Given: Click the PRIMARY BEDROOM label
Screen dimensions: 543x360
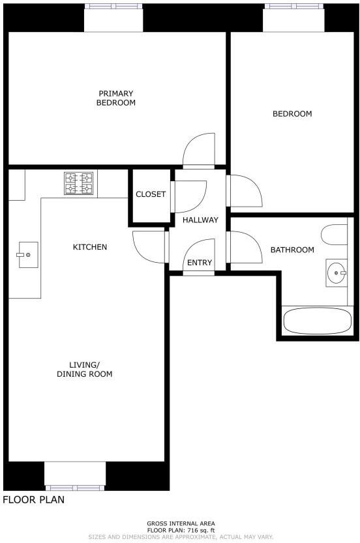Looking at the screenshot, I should [116, 98].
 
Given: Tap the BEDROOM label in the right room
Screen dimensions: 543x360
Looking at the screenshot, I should [292, 113].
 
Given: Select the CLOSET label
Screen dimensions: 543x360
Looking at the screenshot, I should [151, 194].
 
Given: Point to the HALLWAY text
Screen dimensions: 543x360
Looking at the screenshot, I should [200, 220].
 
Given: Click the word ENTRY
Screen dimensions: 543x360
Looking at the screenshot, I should [200, 263].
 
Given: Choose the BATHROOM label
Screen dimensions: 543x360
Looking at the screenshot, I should [292, 250].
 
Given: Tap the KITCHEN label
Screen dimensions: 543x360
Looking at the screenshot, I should [89, 247].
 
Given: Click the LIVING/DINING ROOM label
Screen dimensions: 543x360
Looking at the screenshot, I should [91, 369].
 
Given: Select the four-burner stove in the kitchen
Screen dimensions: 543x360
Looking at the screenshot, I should [78, 183].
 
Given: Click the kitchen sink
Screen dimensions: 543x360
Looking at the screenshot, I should [27, 254].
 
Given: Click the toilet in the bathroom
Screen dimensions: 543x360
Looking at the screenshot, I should [335, 235].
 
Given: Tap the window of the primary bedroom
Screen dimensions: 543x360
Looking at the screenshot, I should [113, 7].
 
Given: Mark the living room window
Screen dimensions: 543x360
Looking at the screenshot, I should [74, 487].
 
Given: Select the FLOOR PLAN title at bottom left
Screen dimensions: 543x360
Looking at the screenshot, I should [33, 500].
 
